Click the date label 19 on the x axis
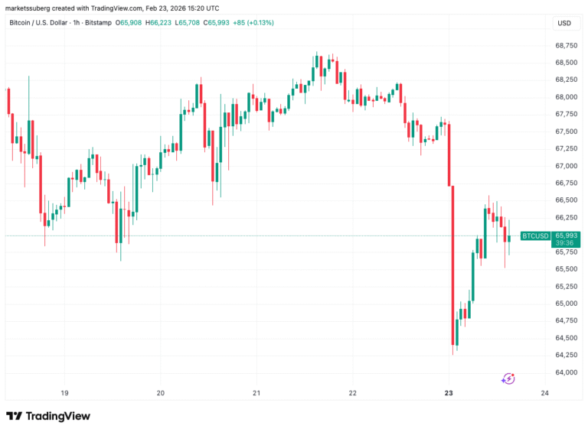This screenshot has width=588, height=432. pyautogui.click(x=65, y=393)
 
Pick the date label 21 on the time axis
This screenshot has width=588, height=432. pyautogui.click(x=256, y=393)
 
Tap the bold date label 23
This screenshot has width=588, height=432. pyautogui.click(x=449, y=393)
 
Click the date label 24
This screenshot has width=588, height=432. pyautogui.click(x=544, y=393)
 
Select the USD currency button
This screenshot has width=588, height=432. pyautogui.click(x=564, y=23)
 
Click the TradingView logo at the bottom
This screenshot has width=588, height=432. pyautogui.click(x=48, y=416)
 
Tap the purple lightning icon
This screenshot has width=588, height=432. pyautogui.click(x=508, y=378)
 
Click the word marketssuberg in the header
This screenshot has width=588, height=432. pyautogui.click(x=28, y=6)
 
